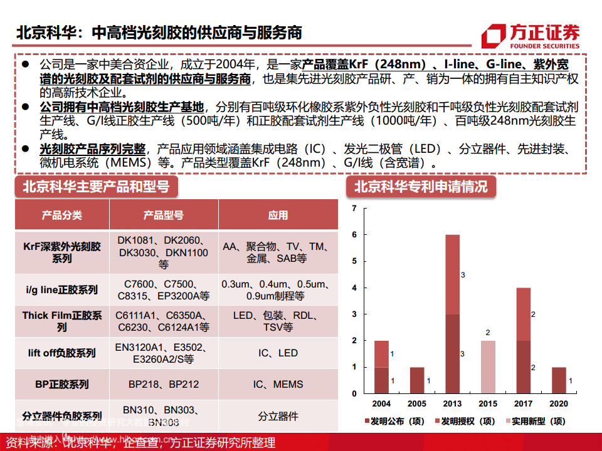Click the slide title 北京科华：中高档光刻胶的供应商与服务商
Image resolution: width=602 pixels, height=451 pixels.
[x=159, y=33]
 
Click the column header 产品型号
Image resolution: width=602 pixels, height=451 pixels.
[x=163, y=215]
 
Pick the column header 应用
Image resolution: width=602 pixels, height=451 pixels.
[x=278, y=215]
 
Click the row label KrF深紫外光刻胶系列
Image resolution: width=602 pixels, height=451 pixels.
[x=61, y=252]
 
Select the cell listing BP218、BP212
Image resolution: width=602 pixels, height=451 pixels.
[x=163, y=384]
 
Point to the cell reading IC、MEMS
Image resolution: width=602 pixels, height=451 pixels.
[x=278, y=384]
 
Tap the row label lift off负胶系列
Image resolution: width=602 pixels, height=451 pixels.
[x=61, y=353]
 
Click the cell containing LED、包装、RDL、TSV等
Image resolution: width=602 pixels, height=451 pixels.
[x=278, y=321]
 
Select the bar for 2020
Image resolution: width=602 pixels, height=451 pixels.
[x=559, y=380]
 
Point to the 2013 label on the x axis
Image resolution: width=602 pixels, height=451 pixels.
[x=451, y=404]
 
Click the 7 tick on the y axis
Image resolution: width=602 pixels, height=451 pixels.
[x=354, y=208]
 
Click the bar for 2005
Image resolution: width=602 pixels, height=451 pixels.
[x=416, y=380]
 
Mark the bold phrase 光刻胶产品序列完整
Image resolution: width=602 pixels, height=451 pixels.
[x=92, y=149]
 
